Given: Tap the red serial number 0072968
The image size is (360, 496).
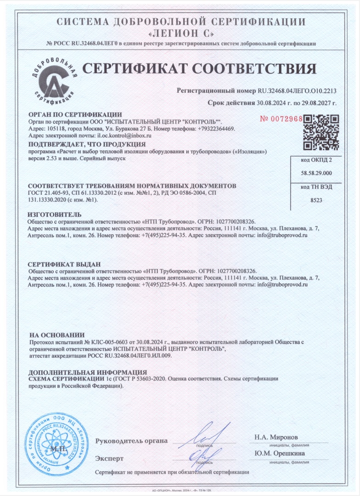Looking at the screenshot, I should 281,118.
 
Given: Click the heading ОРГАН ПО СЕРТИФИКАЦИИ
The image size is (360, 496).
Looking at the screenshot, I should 75,114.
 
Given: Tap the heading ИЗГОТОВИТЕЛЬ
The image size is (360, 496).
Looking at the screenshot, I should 55,214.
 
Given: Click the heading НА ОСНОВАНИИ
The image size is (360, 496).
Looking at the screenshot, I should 57,335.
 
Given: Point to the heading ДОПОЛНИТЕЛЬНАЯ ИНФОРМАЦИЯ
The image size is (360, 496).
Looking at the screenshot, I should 87,372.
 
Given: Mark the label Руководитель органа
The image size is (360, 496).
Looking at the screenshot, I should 131,441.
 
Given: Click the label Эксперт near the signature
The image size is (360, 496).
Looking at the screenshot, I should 109,458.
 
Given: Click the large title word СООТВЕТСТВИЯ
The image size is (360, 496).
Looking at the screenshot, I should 254,68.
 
